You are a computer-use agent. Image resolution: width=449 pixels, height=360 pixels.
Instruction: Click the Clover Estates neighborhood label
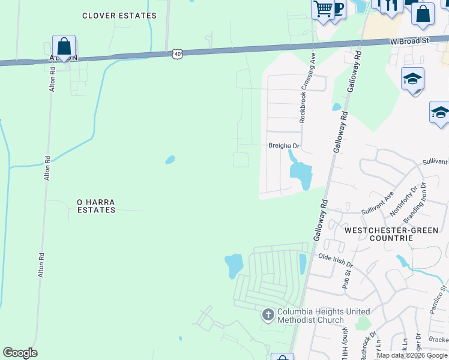pyautogui.click(x=119, y=16)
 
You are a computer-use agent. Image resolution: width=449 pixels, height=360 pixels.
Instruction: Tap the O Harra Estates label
pyautogui.click(x=96, y=206)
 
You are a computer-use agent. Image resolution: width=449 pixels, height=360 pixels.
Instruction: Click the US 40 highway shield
pyautogui.click(x=176, y=54)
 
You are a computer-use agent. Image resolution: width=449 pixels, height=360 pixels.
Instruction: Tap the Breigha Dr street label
pyautogui.click(x=283, y=146)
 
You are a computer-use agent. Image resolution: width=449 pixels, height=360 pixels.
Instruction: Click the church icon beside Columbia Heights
pyautogui.click(x=268, y=314)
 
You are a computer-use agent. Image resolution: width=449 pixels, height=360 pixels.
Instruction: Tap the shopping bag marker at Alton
pyautogui.click(x=64, y=46)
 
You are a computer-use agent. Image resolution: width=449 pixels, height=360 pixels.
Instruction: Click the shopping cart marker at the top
pyautogui.click(x=323, y=10)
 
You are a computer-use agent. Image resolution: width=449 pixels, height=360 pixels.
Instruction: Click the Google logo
pyautogui.click(x=20, y=353)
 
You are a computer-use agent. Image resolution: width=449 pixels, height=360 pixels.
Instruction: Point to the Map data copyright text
pyautogui.click(x=412, y=355)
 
